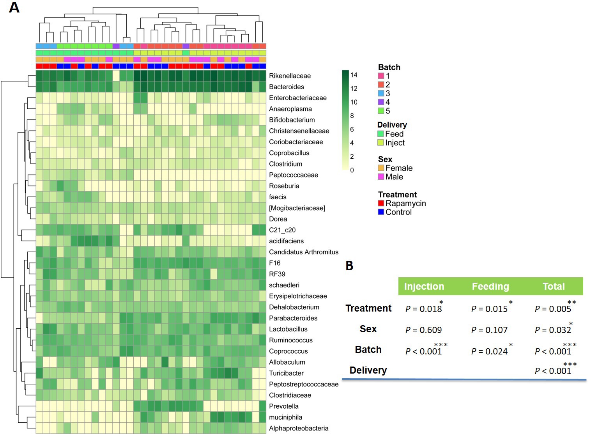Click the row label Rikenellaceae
[290, 76]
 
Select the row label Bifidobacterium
[292, 120]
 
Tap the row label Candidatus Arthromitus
[303, 252]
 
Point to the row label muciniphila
[285, 417]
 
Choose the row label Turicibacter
[286, 373]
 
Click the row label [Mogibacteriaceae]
[297, 208]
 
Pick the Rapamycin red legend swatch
[381, 203]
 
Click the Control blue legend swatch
[381, 212]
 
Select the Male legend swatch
[381, 177]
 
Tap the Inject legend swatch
[380, 143]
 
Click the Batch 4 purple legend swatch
[381, 102]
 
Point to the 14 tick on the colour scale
[354, 75]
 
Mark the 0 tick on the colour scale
[352, 170]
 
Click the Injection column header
[424, 286]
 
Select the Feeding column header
[490, 286]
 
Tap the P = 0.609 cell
[423, 330]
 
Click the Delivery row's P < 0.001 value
[553, 370]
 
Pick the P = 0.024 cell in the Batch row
[489, 351]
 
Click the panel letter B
[349, 266]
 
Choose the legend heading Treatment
[397, 195]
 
